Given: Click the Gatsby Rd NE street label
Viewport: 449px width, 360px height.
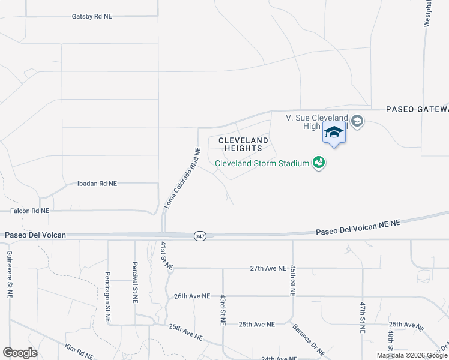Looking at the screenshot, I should pos(92,16).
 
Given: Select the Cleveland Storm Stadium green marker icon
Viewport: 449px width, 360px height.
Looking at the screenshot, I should pos(319,163).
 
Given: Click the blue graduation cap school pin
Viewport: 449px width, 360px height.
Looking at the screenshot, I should pos(334,133).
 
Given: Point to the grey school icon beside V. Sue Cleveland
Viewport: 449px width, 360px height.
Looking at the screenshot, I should pos(357,121).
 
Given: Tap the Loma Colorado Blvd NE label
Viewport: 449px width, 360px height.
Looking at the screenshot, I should pos(182,178).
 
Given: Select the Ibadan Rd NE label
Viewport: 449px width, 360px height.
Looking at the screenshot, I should pos(97,184).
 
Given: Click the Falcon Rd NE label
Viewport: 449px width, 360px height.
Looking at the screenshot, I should pos(30,211).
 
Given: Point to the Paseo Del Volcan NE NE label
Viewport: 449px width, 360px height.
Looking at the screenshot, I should pos(358,226).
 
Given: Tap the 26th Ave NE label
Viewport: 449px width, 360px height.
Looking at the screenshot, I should pos(192,296).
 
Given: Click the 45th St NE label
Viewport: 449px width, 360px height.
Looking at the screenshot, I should pos(292,281).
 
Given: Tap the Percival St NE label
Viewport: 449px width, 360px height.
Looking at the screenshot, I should pos(135,276).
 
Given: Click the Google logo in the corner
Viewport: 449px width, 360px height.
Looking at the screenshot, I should pos(20,353).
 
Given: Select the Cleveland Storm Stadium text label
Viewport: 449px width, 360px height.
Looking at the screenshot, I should pos(262,163).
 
